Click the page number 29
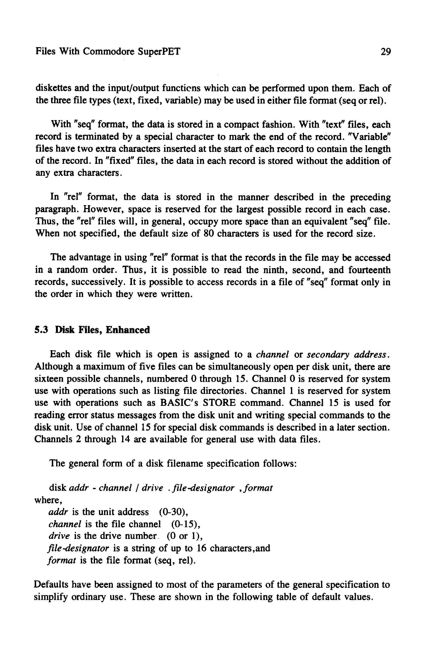point(385,52)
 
